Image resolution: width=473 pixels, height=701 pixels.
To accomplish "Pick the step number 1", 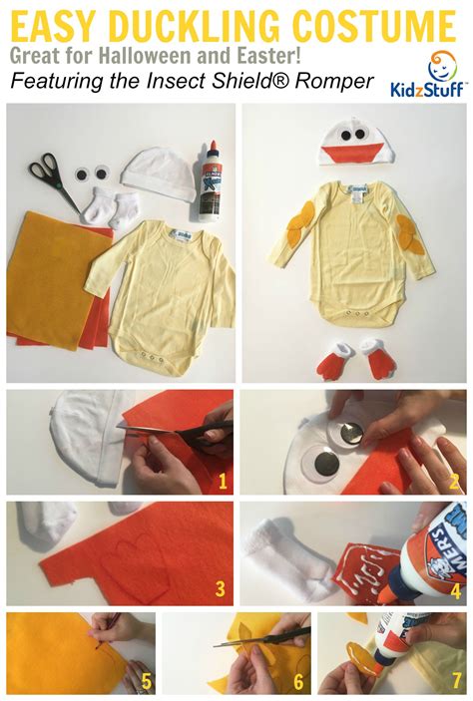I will pos(223,483).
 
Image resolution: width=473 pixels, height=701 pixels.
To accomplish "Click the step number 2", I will pos(453,483).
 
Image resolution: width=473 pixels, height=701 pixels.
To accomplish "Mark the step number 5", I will pos(147,683).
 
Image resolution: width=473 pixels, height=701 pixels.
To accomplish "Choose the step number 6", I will pos(298,683).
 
